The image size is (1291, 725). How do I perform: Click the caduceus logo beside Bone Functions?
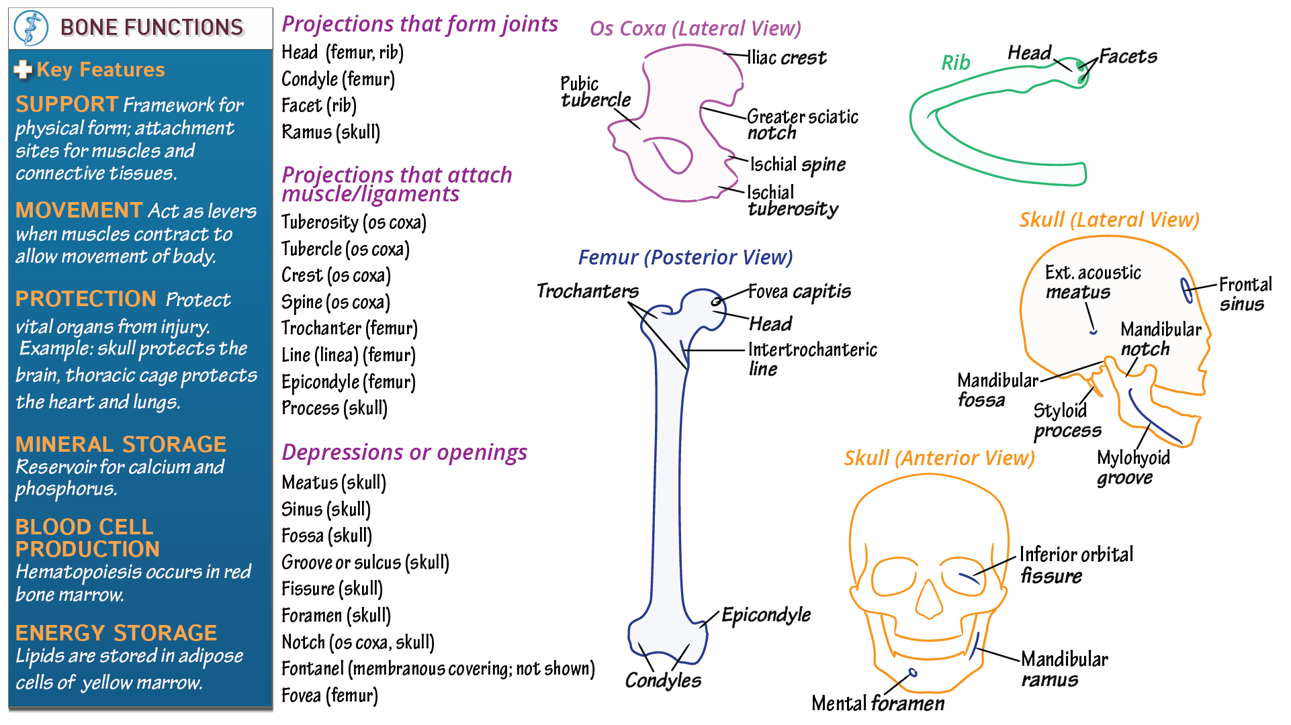pyautogui.click(x=31, y=28)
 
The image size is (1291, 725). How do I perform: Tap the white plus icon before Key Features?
pyautogui.click(x=23, y=70)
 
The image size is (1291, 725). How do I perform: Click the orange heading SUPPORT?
pyautogui.click(x=67, y=105)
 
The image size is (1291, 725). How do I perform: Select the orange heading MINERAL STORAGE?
pyautogui.click(x=121, y=444)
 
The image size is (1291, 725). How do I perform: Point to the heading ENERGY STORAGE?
pyautogui.click(x=116, y=633)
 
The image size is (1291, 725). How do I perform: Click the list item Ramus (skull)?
pyautogui.click(x=330, y=132)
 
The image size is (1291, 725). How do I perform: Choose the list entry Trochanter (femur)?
pyautogui.click(x=349, y=328)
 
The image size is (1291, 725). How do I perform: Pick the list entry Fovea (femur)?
pyautogui.click(x=329, y=695)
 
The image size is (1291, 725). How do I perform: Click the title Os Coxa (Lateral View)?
pyautogui.click(x=695, y=29)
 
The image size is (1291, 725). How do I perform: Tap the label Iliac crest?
pyautogui.click(x=787, y=58)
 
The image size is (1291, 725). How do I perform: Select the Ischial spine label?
pyautogui.click(x=797, y=165)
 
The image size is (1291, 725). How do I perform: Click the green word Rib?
pyautogui.click(x=955, y=63)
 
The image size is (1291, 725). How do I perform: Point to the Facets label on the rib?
pyautogui.click(x=1128, y=56)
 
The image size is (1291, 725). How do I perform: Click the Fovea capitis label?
pyautogui.click(x=799, y=292)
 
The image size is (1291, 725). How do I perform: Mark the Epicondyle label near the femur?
pyautogui.click(x=766, y=615)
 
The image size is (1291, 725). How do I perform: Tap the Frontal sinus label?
pyautogui.click(x=1245, y=294)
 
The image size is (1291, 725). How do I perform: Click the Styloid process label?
pyautogui.click(x=1067, y=420)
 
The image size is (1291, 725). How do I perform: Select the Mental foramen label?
pyautogui.click(x=877, y=704)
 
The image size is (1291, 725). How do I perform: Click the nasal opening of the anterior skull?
pyautogui.click(x=930, y=599)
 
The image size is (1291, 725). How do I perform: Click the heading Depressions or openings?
pyautogui.click(x=404, y=453)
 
